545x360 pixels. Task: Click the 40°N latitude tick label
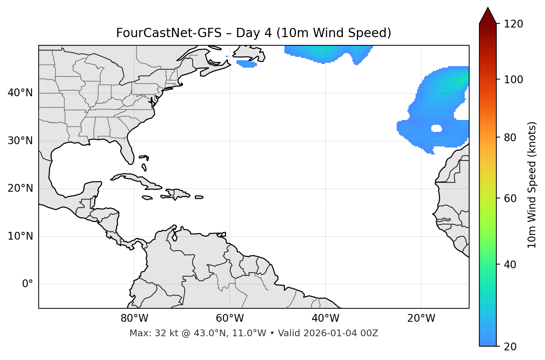(x=20, y=93)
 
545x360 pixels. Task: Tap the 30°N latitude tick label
(x=20, y=141)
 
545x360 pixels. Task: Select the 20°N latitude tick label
(x=20, y=188)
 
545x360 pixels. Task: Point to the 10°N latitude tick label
(x=20, y=236)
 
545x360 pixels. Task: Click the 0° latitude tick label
(x=27, y=284)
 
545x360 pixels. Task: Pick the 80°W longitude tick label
(x=134, y=318)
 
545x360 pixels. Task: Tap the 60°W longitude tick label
(x=230, y=318)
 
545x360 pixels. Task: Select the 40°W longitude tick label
(x=325, y=318)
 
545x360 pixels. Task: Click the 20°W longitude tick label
(x=421, y=318)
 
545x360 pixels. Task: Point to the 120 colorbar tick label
(x=513, y=24)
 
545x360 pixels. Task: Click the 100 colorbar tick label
(x=513, y=80)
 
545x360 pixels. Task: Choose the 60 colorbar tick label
(x=510, y=198)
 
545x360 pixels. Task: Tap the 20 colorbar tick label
(x=510, y=347)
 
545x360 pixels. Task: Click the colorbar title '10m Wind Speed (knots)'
(x=532, y=185)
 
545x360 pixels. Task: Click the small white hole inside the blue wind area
(x=436, y=129)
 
